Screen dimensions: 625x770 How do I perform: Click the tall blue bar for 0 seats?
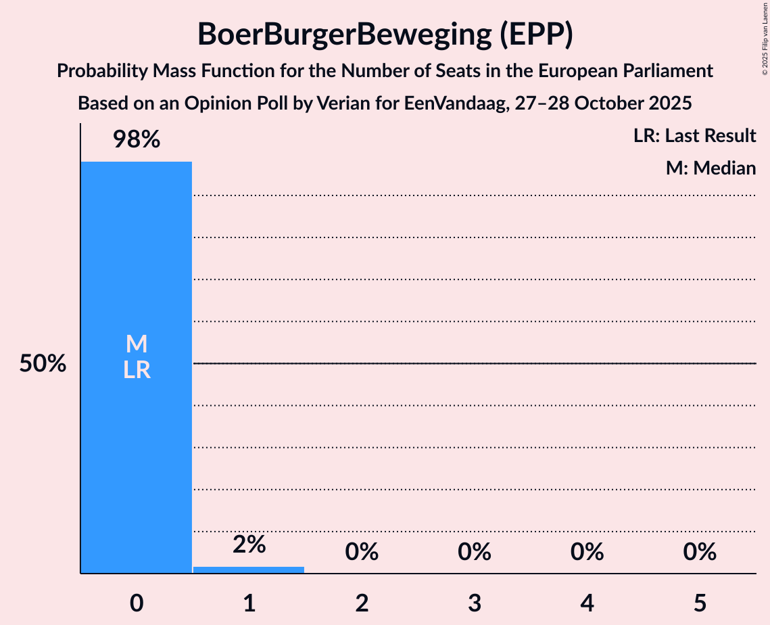tap(136, 440)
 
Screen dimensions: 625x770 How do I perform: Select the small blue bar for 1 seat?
tap(249, 570)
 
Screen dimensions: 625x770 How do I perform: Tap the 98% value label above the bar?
tap(136, 140)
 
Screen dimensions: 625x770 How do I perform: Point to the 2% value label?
tap(249, 545)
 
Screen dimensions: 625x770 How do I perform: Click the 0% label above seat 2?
tap(362, 552)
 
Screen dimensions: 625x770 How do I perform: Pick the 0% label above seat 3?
tap(474, 552)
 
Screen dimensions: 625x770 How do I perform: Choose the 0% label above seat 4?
tap(587, 552)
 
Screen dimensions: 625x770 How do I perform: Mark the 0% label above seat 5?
tap(699, 552)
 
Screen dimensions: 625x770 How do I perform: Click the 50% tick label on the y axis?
tap(43, 364)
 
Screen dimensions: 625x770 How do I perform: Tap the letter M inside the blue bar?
tap(137, 344)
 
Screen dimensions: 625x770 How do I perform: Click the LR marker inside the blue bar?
tap(137, 370)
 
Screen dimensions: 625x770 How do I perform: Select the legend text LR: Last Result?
tap(694, 136)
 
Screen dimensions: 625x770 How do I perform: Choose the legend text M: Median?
tap(711, 168)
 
